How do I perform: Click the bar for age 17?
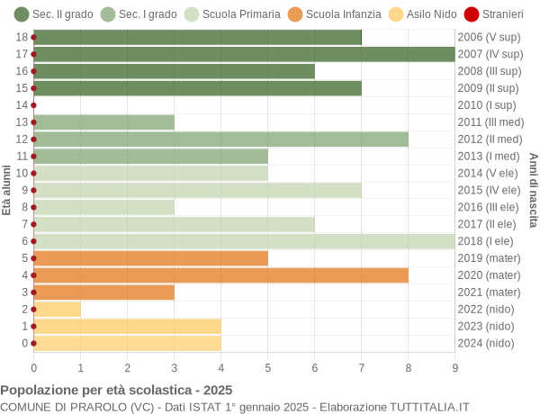point(244,54)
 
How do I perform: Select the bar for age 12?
point(220,139)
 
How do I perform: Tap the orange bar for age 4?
point(220,274)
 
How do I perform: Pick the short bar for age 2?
point(57,309)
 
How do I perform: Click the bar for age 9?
point(197,190)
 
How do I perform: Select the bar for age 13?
point(103,122)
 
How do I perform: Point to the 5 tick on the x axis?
point(267,367)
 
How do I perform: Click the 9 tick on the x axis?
point(454,367)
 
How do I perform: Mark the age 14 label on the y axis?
point(22,105)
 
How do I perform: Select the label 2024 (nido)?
point(486,343)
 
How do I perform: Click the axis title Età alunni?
point(7,190)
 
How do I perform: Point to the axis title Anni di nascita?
point(533,190)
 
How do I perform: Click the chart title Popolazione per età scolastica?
point(116,391)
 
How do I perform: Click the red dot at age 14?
point(33,105)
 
